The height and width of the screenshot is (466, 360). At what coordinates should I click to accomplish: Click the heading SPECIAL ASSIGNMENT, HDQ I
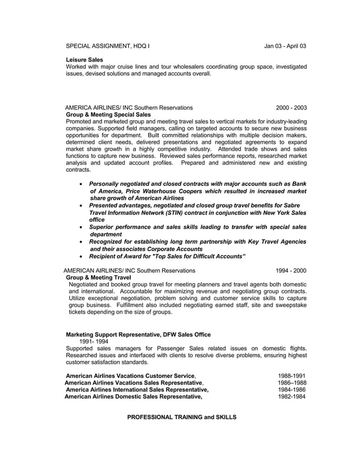click(x=108, y=45)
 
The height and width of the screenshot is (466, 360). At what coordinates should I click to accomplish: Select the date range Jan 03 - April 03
click(x=286, y=45)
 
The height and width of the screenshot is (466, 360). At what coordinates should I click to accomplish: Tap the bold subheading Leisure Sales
click(x=85, y=59)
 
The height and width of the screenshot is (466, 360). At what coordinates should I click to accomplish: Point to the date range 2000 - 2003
click(x=291, y=107)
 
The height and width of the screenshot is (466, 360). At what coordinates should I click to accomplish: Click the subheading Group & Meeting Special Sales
click(x=108, y=115)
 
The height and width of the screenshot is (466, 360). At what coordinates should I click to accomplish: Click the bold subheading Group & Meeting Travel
click(x=99, y=278)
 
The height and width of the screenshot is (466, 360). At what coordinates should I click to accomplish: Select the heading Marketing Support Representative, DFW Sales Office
click(x=138, y=335)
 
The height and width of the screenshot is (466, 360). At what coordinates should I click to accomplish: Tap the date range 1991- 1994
click(x=94, y=341)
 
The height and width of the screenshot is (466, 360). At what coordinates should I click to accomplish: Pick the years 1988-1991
click(x=292, y=376)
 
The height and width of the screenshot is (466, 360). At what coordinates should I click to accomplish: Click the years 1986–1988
click(x=292, y=383)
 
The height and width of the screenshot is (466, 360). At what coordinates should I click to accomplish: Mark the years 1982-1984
click(x=292, y=397)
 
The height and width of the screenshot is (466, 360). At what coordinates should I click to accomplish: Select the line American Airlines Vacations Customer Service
click(x=131, y=376)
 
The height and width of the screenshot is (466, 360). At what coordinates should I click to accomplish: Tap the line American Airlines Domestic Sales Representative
click(x=133, y=397)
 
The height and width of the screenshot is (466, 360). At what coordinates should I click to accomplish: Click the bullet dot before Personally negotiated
click(x=82, y=184)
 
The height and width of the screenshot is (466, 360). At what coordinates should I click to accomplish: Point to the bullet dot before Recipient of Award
click(x=82, y=257)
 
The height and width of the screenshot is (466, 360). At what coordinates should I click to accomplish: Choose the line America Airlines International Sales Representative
click(x=137, y=389)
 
